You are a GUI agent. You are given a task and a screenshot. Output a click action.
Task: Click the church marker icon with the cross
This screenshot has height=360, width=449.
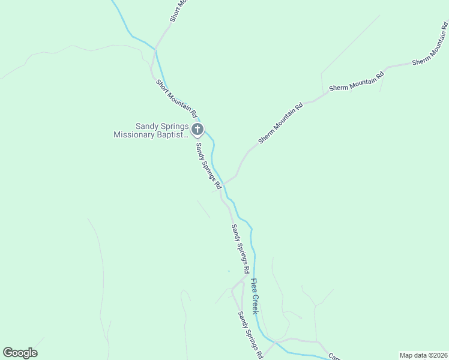[x=197, y=129]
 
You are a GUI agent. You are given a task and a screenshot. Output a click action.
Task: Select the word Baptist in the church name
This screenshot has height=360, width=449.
[x=177, y=135]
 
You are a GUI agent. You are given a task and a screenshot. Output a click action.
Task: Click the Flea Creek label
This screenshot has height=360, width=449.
[x=255, y=296]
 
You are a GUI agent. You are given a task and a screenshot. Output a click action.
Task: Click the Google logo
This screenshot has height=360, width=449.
[x=20, y=353]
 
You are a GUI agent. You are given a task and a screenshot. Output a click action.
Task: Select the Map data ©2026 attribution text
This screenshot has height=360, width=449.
[x=423, y=355]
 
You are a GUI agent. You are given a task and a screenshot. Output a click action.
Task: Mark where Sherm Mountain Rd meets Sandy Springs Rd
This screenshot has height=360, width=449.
[x=224, y=183]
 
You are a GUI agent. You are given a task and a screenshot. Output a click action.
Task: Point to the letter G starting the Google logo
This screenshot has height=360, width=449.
[x=8, y=353]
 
